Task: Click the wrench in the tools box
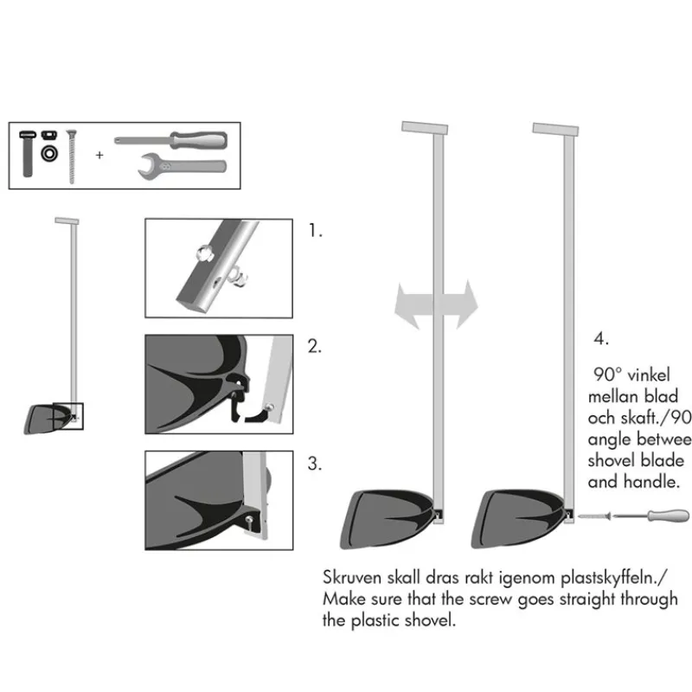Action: tap(183, 166)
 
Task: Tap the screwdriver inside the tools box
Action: tap(170, 140)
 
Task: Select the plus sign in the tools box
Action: tap(99, 155)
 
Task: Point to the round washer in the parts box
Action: tap(49, 154)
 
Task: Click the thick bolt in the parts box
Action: tap(28, 154)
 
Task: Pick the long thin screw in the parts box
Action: tap(72, 157)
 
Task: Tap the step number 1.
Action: tap(315, 231)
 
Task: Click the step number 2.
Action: tap(314, 347)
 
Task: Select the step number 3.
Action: tap(314, 464)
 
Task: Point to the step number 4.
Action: tap(601, 338)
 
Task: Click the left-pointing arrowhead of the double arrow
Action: tap(407, 306)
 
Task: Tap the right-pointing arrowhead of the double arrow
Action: tap(466, 304)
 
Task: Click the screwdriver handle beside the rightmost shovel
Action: tap(668, 516)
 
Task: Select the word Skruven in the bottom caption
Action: tap(352, 577)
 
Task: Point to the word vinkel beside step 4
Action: tap(648, 375)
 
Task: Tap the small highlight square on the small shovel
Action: tap(68, 416)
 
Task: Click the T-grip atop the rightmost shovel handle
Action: tap(555, 129)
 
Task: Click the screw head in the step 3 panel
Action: tap(249, 519)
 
